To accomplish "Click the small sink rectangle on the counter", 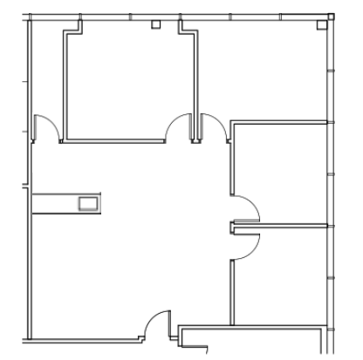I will tap(89, 203).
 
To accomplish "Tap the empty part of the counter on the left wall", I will tap(54, 203).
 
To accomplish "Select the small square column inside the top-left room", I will tap(155, 24).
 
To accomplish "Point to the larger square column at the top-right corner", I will tap(331, 17).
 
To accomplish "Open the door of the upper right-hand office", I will tap(249, 209).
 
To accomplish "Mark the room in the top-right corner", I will tap(262, 70).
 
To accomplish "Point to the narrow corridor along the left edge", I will tap(47, 78).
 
